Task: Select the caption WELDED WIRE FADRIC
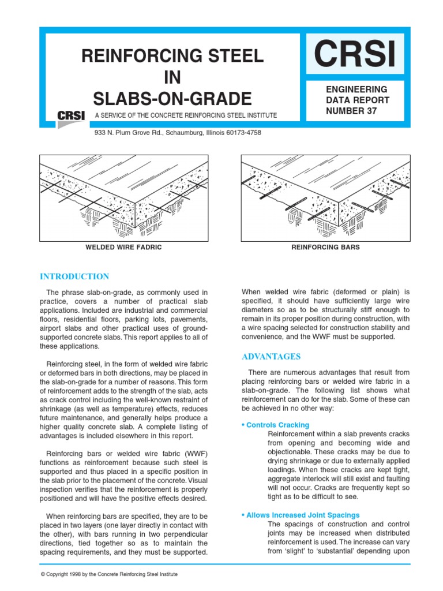[x=123, y=248]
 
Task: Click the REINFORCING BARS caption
[x=325, y=248]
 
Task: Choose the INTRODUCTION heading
[x=74, y=276]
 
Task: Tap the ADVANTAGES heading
[x=271, y=356]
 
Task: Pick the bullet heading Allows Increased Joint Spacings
[x=303, y=515]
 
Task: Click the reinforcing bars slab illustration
[x=325, y=196]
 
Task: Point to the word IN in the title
[x=172, y=76]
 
